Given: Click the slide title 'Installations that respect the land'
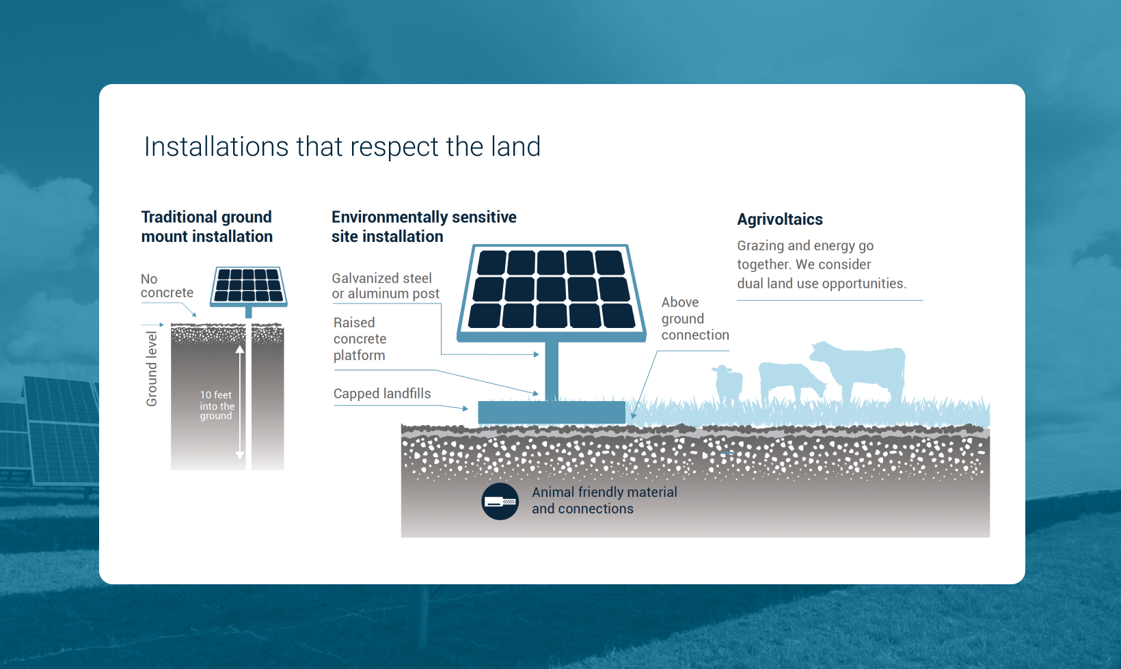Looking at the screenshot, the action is pos(342,147).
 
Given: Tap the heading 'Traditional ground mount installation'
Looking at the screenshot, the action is pos(206,227).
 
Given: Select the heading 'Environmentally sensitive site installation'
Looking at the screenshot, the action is pos(424,227).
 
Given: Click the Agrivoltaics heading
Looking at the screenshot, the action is pos(780,219).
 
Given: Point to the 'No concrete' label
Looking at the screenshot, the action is pos(167,286).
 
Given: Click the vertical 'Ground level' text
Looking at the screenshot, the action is pos(151,369).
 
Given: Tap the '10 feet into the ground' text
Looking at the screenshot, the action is pos(217,405).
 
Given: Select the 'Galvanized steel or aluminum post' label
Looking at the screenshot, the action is pos(386,286).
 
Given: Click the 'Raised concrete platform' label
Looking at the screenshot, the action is pos(360,339).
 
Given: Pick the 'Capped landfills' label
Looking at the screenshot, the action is pos(382,394).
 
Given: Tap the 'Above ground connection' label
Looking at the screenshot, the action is pos(695,318).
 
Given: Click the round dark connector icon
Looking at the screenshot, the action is pos(500,502).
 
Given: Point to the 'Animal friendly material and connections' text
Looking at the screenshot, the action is pos(604,500).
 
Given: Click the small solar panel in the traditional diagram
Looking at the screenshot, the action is pos(249,287).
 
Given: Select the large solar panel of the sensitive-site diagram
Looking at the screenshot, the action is pos(551,292).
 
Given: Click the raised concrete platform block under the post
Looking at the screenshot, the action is pos(552,412).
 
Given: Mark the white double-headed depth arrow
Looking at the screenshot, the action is pos(240,402).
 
